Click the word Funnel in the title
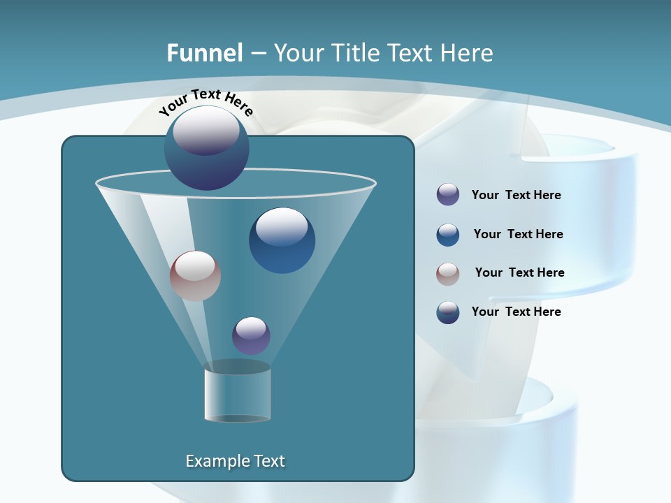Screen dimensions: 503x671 (204, 52)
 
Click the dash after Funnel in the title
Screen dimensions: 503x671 (257, 53)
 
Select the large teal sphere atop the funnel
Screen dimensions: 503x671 (207, 148)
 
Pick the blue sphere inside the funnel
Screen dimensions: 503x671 (282, 240)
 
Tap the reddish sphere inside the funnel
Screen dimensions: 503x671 (195, 275)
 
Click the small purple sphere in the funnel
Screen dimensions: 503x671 (251, 335)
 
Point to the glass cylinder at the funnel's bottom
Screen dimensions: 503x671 (237, 393)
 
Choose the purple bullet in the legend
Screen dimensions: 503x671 (448, 195)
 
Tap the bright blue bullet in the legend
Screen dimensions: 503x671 (448, 235)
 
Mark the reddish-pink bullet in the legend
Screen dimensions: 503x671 (448, 274)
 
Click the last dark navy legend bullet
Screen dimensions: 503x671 (448, 312)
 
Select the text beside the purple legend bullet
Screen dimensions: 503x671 (516, 196)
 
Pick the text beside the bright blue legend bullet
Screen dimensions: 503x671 (518, 235)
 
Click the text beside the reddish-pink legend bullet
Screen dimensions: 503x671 (519, 273)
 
